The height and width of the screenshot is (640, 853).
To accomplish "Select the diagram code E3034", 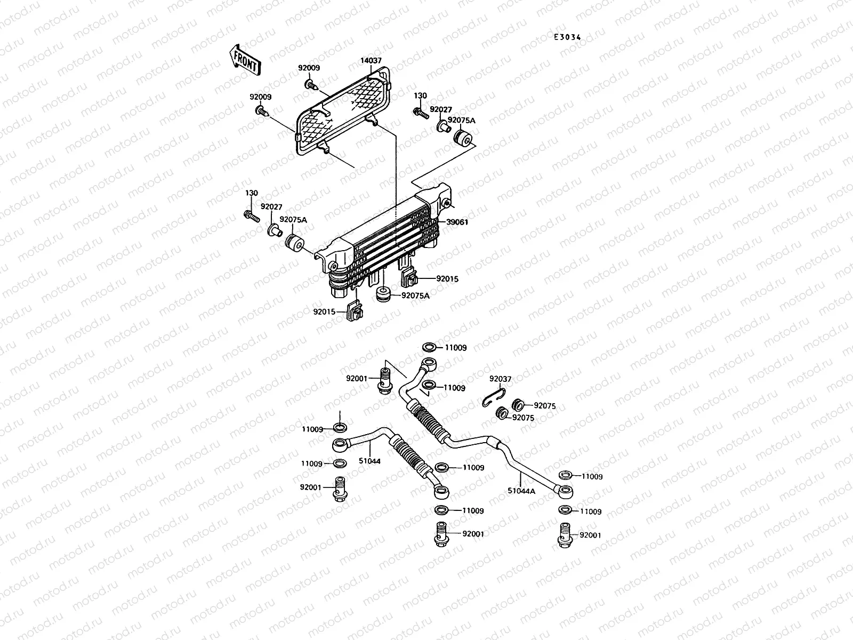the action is pos(567,37).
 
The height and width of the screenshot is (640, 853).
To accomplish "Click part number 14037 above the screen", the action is pos(371,61).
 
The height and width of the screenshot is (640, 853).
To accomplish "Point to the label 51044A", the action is pos(521,491).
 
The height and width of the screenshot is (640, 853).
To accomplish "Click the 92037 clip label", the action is pos(500,379).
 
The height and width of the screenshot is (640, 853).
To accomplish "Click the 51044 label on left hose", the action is pos(369,461).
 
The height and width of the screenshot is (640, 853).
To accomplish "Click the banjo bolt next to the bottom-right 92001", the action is pos(565,534).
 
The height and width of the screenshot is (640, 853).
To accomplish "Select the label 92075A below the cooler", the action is pos(415,295).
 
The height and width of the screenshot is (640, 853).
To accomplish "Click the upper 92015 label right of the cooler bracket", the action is pos(447,279).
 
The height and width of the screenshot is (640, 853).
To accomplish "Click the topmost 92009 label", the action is pos(309,68).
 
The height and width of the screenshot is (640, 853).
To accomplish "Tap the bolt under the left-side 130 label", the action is pos(251,215).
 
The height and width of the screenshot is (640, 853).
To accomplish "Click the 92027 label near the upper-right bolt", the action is pos(441,110).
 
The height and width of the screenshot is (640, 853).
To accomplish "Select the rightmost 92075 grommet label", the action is pos(544,406).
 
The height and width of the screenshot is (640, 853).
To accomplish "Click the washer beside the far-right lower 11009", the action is pos(565,510).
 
